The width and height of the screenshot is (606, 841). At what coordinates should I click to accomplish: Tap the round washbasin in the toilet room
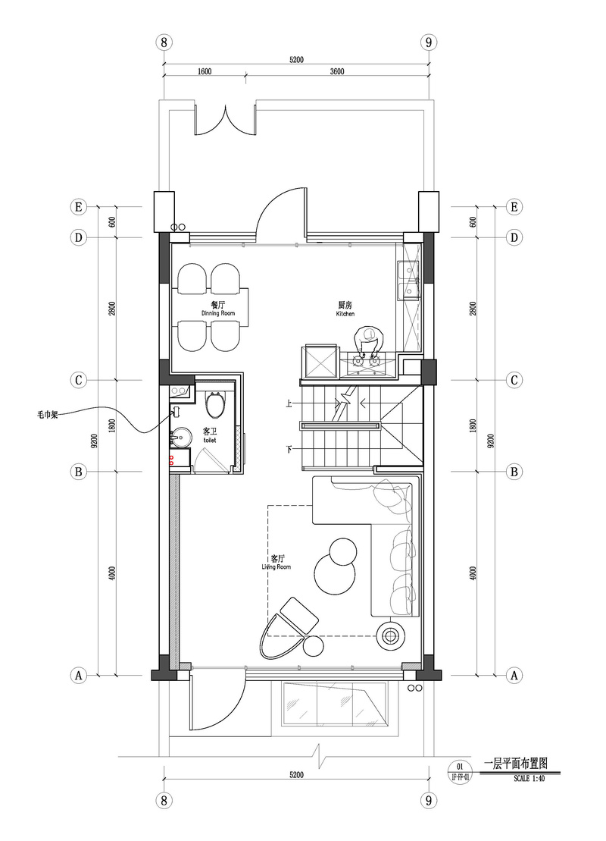coord(180,438)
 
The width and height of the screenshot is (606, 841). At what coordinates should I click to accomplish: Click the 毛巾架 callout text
coord(48,415)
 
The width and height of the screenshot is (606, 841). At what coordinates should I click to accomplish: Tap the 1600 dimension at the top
coord(205,72)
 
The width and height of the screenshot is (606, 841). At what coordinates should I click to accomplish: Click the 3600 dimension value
coord(337,72)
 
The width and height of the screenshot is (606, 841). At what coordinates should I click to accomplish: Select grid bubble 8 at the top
coord(164,42)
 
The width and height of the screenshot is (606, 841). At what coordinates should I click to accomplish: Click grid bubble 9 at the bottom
coord(428,801)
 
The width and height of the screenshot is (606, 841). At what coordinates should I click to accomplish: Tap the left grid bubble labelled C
coord(79,380)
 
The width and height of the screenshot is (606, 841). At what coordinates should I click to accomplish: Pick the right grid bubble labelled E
coord(514,206)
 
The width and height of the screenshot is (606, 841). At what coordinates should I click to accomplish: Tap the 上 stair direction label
coord(289,403)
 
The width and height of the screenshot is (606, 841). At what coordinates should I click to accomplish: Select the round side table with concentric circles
coord(391,636)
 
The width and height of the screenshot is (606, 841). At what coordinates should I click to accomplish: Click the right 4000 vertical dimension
coord(473,573)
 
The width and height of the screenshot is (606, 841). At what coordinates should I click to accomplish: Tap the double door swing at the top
coord(225,119)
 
